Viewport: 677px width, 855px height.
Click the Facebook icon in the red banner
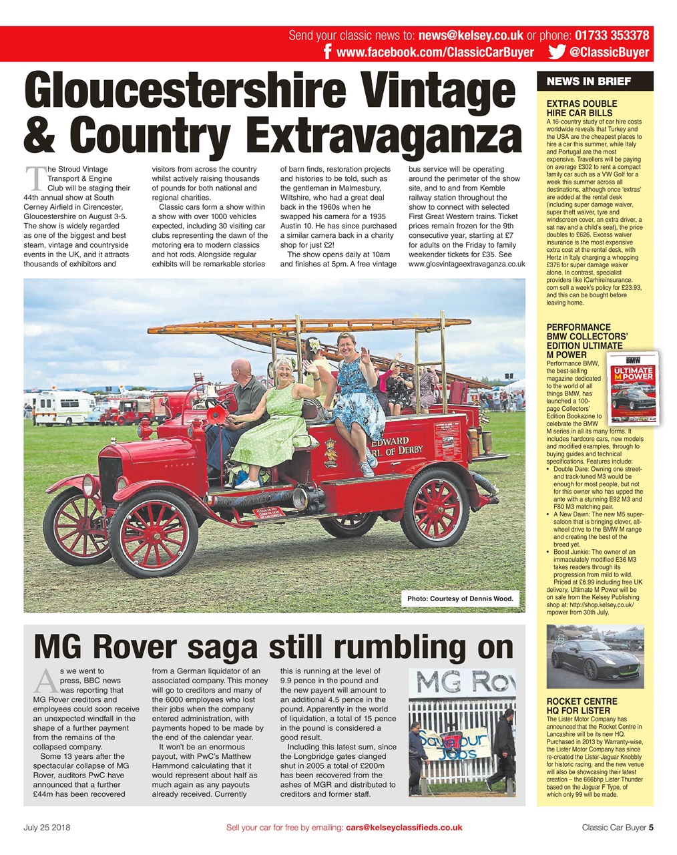coord(328,53)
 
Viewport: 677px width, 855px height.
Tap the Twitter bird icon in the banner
coord(556,52)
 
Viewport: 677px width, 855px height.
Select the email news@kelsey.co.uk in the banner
coord(471,35)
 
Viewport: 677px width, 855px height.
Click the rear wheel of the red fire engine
coord(435,508)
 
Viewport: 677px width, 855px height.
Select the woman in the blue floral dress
coord(354,394)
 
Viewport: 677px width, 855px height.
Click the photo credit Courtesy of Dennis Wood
coord(460,598)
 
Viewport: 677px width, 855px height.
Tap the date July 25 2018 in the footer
coord(47,828)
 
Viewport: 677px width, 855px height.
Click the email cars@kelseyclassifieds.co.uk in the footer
coord(403,828)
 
